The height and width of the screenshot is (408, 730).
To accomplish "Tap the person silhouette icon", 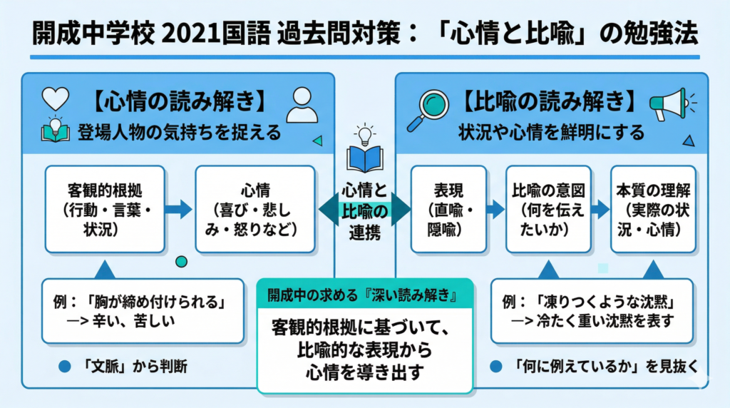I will tap(302, 106).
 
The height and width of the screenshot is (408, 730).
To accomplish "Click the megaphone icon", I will tap(667, 104).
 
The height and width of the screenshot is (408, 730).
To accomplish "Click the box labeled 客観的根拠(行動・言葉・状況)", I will tap(105, 209).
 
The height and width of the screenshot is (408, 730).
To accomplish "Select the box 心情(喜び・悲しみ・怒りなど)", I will tap(255, 209).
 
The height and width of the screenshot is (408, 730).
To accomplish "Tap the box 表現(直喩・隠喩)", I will tap(448, 209).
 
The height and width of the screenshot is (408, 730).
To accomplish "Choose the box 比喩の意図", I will tap(548, 209).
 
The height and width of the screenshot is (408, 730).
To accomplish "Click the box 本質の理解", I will tap(653, 209).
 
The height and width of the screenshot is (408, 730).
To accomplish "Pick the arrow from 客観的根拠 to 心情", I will tap(179, 209).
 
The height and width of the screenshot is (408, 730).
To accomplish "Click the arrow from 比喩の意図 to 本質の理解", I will tap(600, 209).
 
